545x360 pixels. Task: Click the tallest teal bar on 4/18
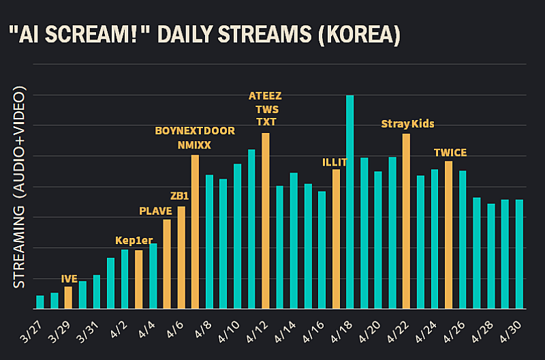350,202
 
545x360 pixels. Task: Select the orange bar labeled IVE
68,298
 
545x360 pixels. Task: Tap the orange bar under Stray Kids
406,221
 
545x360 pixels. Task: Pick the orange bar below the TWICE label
448,235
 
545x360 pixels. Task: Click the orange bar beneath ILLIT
336,239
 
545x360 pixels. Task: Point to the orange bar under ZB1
181,258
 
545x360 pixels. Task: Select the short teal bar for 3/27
40,302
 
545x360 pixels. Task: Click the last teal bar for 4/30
519,254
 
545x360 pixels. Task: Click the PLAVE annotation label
155,210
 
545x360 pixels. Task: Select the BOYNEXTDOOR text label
195,130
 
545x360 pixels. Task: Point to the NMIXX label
195,145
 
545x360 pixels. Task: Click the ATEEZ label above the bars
265,95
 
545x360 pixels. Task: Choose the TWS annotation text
265,109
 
